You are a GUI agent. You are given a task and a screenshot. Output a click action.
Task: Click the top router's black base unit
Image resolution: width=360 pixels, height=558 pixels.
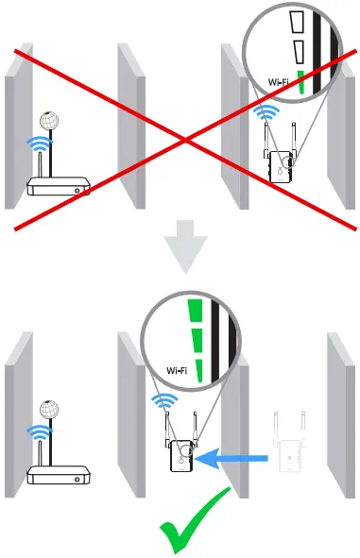tap(57, 186)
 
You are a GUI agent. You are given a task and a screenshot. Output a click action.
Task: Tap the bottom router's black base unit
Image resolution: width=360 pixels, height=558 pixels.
tap(58, 475)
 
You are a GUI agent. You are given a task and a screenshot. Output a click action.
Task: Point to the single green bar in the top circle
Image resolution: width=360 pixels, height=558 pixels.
tap(300, 84)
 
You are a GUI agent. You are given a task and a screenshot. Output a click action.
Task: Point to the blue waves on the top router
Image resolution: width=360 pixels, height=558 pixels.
tap(38, 144)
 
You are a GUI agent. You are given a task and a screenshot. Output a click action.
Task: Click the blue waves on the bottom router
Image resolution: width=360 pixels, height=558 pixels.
tap(38, 433)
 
